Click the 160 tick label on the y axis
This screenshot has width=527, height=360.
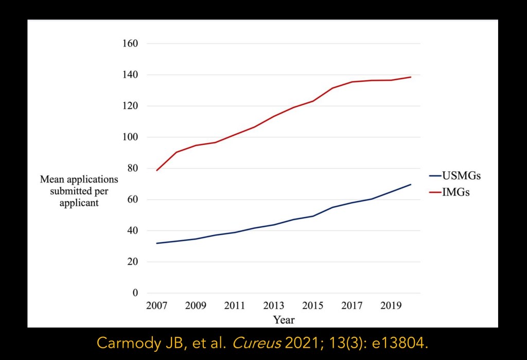click(x=130, y=44)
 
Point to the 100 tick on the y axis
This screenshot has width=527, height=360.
click(x=130, y=137)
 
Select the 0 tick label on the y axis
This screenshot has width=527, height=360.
click(x=135, y=293)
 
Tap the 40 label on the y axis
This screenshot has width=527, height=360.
click(x=132, y=231)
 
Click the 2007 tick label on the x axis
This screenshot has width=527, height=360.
click(x=156, y=305)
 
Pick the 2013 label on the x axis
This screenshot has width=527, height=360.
click(x=274, y=305)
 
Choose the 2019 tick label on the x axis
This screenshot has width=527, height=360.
click(x=391, y=305)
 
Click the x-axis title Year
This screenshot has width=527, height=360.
click(x=284, y=320)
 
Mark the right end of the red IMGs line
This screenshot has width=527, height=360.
click(x=411, y=77)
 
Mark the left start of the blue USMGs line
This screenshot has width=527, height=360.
click(x=157, y=243)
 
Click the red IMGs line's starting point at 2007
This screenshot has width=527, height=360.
click(x=157, y=170)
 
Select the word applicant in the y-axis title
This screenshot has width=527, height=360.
click(x=79, y=203)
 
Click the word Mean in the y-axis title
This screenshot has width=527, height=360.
click(x=52, y=180)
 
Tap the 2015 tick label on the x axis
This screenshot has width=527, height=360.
click(x=312, y=305)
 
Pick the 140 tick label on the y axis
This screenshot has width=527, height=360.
click(x=130, y=75)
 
